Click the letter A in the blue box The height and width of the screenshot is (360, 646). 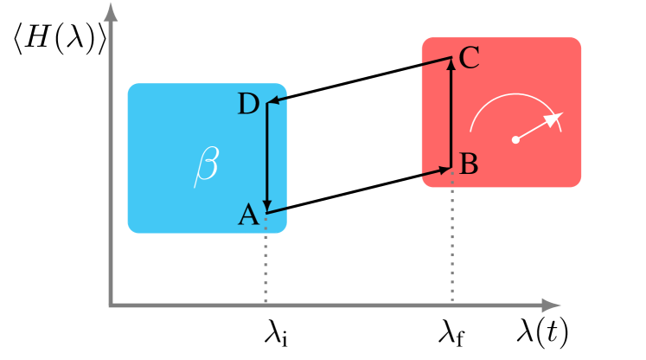point(248,215)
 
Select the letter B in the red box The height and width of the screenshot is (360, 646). point(469,164)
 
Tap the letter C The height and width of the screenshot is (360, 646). point(470,58)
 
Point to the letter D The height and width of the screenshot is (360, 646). point(248,105)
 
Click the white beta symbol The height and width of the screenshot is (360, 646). point(206,165)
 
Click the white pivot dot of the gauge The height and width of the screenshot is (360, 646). point(515,139)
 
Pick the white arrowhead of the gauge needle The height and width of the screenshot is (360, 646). point(554,118)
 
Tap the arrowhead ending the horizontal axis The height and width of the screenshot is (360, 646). point(552,305)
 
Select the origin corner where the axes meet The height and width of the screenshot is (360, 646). point(111,305)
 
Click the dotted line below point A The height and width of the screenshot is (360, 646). point(265,260)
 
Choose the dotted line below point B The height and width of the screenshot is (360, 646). point(452,238)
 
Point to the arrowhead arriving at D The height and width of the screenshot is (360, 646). point(272,102)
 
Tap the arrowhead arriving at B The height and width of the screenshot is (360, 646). point(446,170)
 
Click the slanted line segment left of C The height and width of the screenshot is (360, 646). point(437,61)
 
